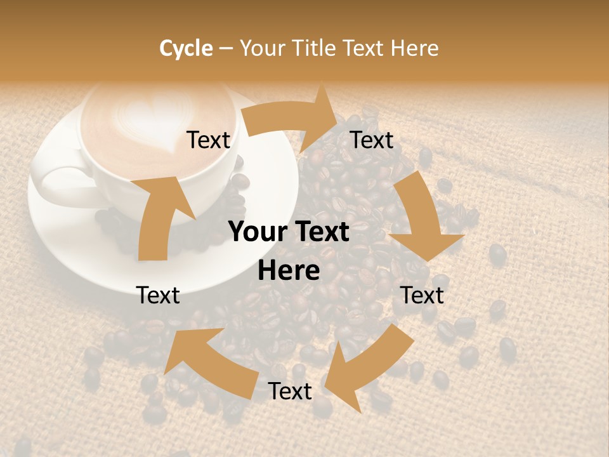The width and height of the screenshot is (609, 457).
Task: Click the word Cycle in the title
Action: point(186,48)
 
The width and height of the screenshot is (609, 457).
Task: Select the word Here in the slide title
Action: point(414,48)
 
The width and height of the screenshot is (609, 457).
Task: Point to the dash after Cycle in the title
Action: point(226,48)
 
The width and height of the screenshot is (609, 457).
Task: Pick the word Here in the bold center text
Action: point(289,271)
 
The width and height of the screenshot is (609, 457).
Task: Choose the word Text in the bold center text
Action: point(318,232)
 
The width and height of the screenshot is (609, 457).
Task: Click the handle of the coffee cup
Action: point(60,184)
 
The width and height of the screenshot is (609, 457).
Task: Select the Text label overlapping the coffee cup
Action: point(209,140)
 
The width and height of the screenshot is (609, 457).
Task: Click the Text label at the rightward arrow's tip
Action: point(372,140)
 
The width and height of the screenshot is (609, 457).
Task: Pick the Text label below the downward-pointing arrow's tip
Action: point(422,295)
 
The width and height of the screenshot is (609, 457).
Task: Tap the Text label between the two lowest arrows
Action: point(290,391)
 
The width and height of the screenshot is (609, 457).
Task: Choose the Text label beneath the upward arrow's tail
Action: point(159,295)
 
